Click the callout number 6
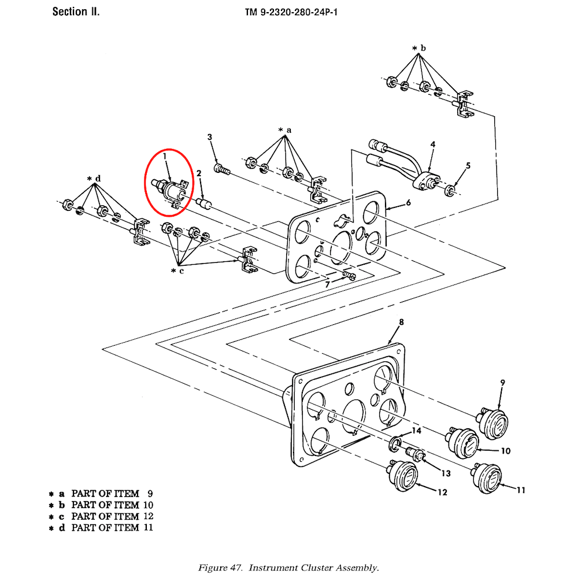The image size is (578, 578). tap(408, 202)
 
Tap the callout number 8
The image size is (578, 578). tap(402, 322)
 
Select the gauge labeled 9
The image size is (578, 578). tap(492, 424)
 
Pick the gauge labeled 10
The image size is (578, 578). tap(462, 443)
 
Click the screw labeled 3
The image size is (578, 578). tap(221, 169)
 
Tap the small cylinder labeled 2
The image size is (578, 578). tap(203, 203)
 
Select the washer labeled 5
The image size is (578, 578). tap(450, 191)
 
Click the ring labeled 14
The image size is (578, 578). tap(395, 443)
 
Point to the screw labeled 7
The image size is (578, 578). tap(349, 275)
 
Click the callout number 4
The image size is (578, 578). tap(433, 144)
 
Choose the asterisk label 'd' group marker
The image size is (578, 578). tap(94, 179)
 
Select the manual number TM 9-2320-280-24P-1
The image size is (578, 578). tap(291, 12)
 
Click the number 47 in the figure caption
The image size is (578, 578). tap(236, 568)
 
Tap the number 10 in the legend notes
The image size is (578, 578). tap(148, 505)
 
